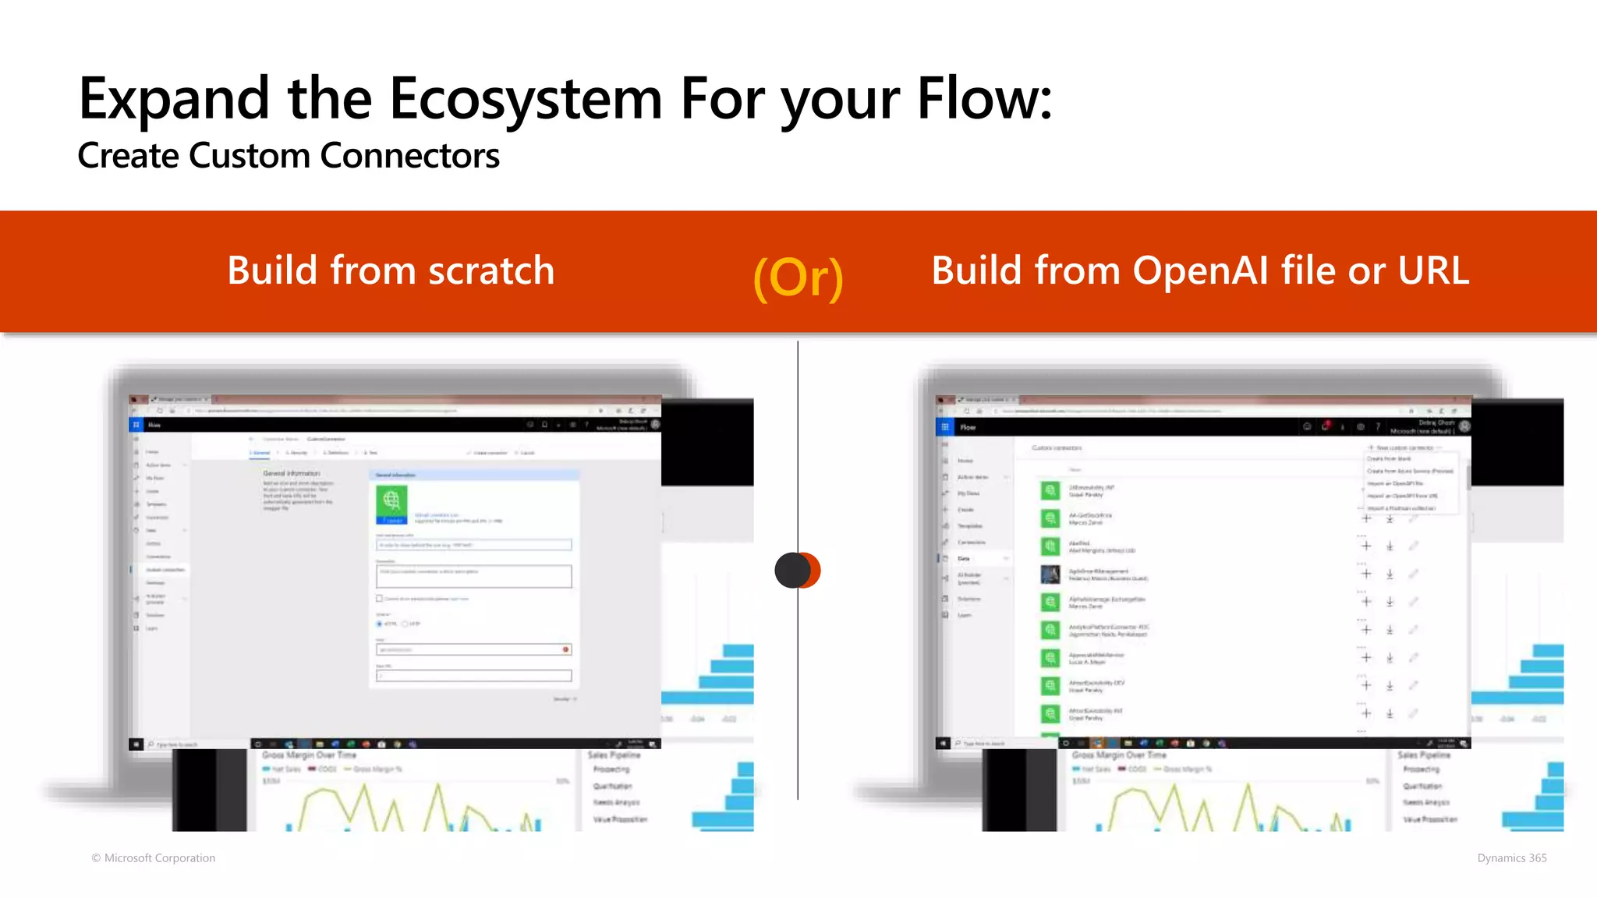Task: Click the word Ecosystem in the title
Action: tap(525, 100)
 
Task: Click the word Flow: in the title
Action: tap(984, 100)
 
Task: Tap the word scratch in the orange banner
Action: tap(491, 271)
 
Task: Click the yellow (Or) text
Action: tap(798, 278)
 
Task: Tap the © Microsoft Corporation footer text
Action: tap(154, 857)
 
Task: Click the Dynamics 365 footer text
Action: tap(1511, 857)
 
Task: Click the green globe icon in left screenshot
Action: tap(391, 500)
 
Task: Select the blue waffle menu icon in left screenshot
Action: tap(136, 425)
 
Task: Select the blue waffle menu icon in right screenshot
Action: tap(944, 427)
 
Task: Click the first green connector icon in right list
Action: tap(1050, 490)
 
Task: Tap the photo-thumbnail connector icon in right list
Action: tap(1050, 575)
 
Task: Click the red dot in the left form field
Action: tap(566, 649)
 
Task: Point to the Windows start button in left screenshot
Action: tap(136, 744)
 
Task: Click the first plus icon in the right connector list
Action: tap(1366, 518)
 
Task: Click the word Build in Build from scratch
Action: tap(273, 271)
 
